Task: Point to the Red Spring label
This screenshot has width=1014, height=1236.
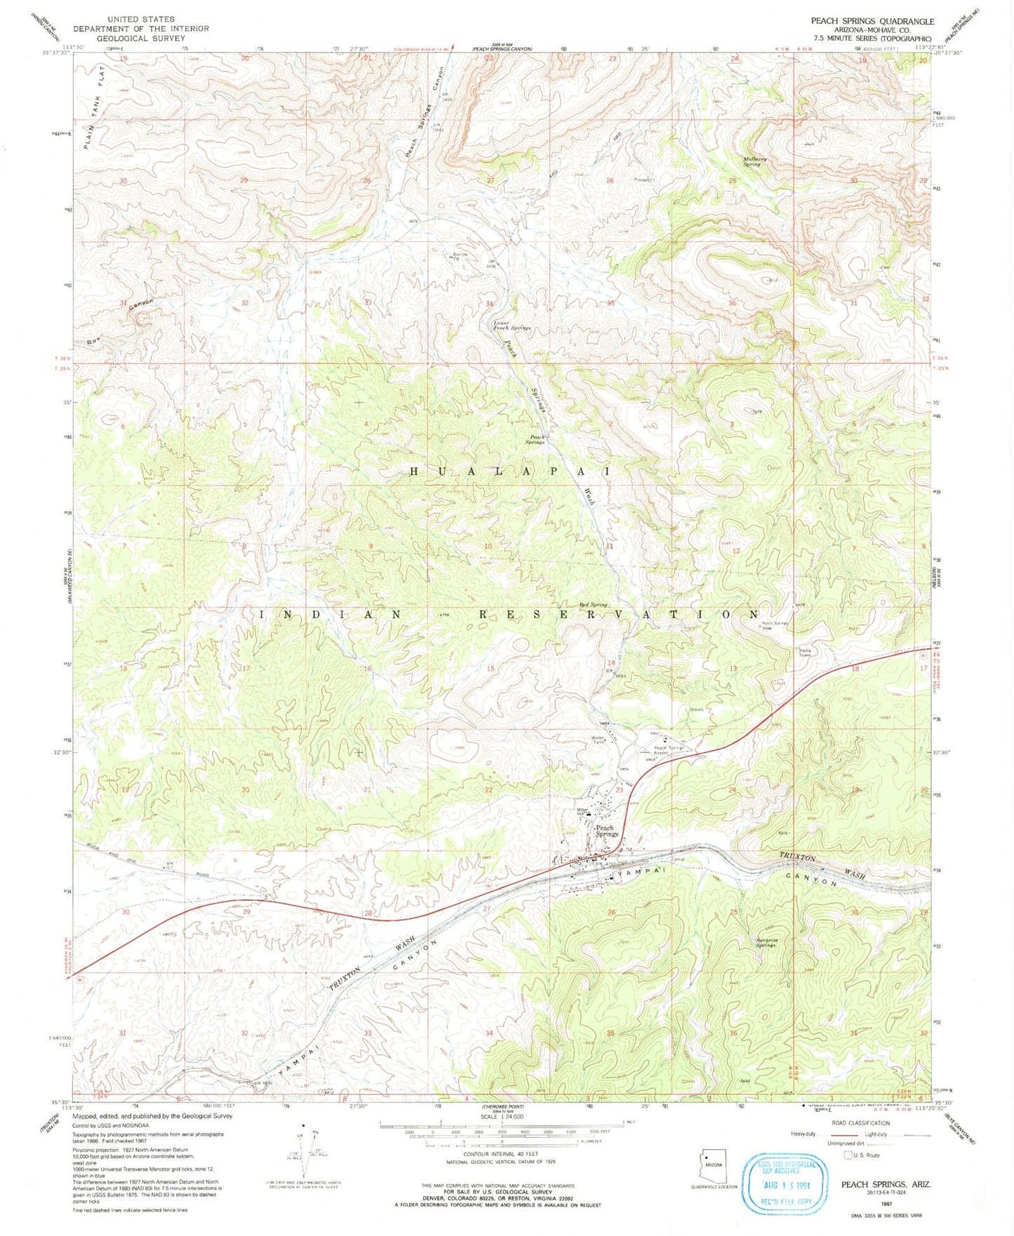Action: (593, 604)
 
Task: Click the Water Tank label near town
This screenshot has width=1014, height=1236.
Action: (599, 740)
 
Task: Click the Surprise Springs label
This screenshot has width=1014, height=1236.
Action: (766, 942)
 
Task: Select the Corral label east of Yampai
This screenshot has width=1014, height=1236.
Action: (677, 859)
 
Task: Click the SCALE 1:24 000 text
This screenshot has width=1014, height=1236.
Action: (502, 1117)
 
